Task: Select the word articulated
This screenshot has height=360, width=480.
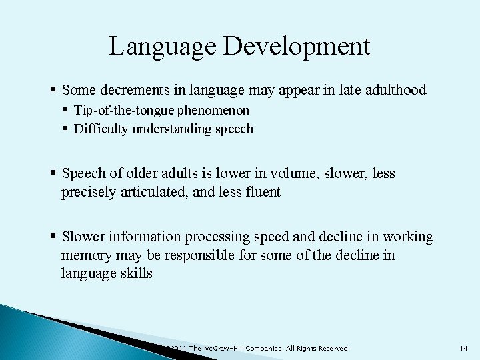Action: coord(168,193)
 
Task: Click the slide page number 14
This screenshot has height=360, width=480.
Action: coord(465,349)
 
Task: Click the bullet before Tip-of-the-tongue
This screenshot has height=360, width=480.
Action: coord(66,110)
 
